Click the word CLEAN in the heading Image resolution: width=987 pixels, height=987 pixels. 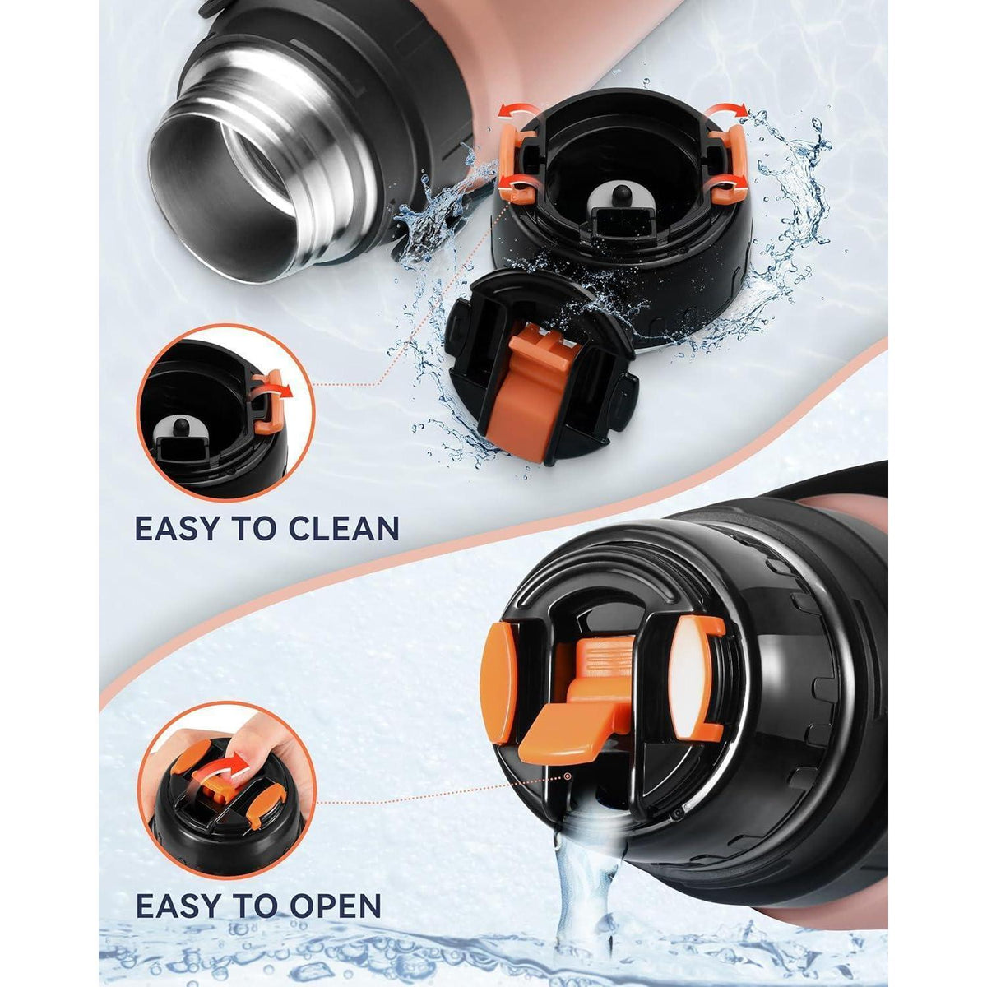(x=343, y=528)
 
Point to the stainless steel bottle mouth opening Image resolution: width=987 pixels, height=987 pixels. (x=225, y=184)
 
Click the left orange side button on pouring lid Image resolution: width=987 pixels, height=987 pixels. (x=497, y=686)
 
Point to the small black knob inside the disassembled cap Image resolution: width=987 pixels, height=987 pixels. (x=621, y=193)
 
